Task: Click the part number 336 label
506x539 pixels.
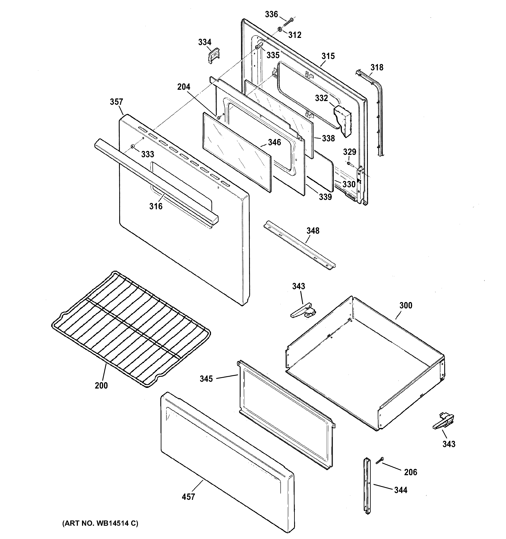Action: (271, 14)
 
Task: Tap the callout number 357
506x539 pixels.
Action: (116, 102)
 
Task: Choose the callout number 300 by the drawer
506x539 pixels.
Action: (405, 305)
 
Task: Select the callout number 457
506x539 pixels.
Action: (188, 497)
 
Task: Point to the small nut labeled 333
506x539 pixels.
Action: (132, 147)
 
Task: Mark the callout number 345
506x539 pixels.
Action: (206, 379)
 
